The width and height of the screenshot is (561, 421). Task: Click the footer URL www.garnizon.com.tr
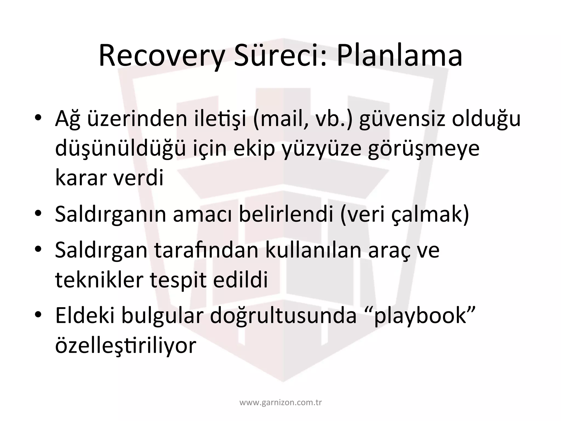pos(280,403)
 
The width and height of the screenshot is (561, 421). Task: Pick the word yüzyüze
pos(322,149)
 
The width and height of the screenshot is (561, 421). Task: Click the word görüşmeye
pos(423,149)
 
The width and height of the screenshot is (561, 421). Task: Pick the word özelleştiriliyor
pos(126,345)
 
